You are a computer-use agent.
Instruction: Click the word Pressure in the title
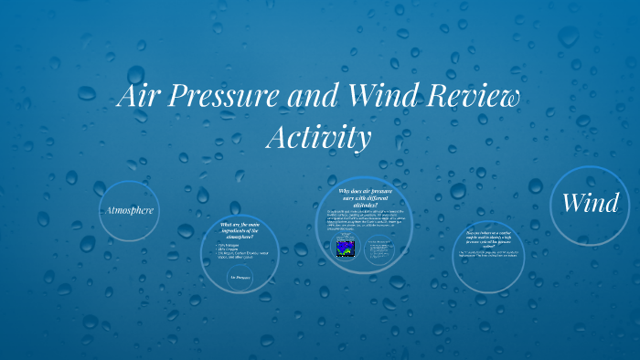click(227, 98)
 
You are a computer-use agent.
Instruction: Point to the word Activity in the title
click(319, 138)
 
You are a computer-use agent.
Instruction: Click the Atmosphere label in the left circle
click(129, 211)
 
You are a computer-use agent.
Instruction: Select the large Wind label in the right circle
click(590, 203)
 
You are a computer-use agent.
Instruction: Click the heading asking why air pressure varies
click(363, 198)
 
